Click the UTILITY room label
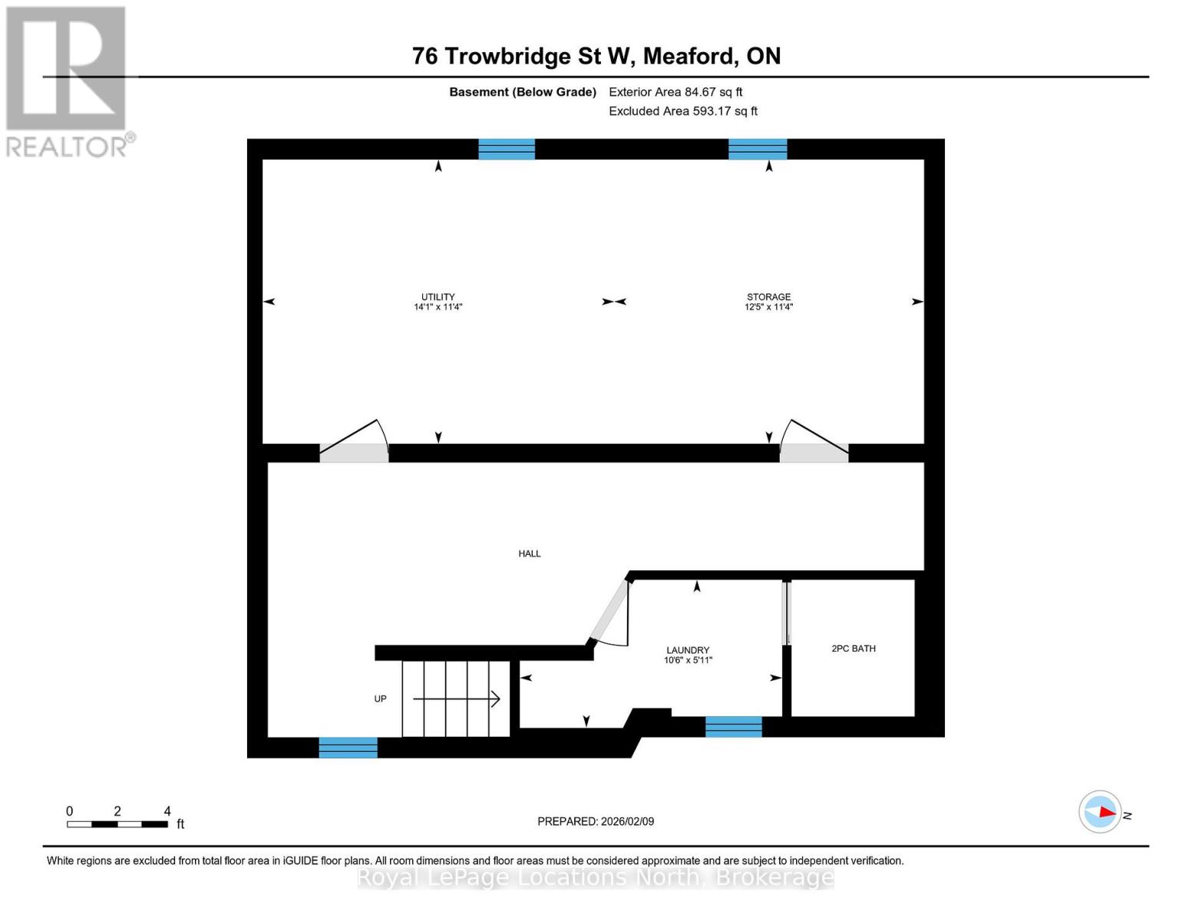[438, 297]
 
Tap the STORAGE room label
[768, 297]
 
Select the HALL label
[530, 553]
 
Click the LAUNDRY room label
[688, 650]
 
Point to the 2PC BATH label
[854, 649]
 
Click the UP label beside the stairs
[380, 698]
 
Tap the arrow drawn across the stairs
[457, 698]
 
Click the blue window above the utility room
[507, 149]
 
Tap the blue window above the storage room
[758, 149]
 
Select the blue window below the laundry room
[734, 726]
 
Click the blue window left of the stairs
[348, 747]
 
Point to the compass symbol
[1100, 811]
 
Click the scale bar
[117, 824]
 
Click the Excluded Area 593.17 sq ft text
[683, 111]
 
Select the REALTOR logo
[68, 81]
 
